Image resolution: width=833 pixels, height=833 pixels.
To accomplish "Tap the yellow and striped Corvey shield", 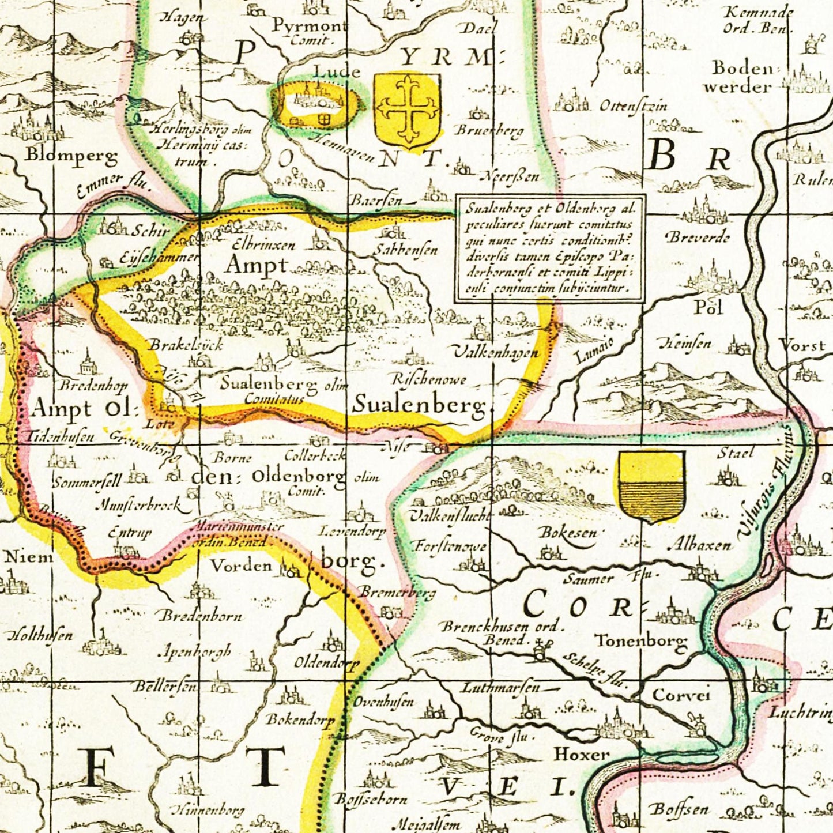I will pos(651,485).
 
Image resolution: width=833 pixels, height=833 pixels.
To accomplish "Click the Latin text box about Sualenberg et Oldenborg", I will pos(550,248).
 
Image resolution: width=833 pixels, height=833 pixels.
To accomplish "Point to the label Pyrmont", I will pos(309,26).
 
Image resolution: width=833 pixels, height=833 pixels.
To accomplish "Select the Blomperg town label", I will pos(71,155).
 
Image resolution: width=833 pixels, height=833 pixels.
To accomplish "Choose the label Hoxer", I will pos(582,753).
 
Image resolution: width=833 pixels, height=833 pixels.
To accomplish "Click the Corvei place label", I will pos(681,695).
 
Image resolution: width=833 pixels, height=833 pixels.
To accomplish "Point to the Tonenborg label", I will pos(641,640).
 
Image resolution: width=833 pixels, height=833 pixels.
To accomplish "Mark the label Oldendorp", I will pos(326,662).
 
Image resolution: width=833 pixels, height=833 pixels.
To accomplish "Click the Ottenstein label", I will pos(634,106).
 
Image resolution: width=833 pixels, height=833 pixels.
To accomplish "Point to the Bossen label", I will pos(679,809).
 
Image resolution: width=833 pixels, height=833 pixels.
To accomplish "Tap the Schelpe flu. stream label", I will pos(594,670).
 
